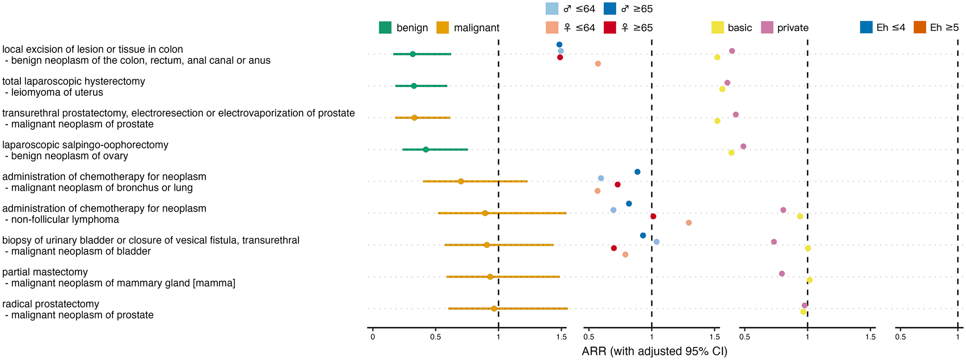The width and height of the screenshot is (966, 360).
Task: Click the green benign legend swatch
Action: pos(385,28)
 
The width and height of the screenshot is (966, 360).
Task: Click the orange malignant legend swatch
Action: pos(443,28)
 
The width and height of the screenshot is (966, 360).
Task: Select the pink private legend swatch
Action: pos(767,28)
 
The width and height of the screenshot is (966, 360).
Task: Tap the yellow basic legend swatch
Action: pos(718,28)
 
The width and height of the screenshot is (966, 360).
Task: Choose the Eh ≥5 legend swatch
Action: pos(919,27)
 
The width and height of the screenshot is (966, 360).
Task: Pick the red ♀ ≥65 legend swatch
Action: pos(610,28)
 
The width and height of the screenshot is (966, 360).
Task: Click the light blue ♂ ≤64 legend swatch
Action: pos(552,9)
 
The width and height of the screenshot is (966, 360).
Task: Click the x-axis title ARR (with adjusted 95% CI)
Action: pos(654,352)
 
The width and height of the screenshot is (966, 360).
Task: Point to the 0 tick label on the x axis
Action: pos(373,337)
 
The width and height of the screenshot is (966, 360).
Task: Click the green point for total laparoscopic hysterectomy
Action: pos(414,86)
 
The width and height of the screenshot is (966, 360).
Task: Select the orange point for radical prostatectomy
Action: pos(494,309)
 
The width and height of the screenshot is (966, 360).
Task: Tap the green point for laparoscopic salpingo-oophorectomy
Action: pos(426,150)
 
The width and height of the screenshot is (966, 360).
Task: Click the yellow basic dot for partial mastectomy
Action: pos(809,280)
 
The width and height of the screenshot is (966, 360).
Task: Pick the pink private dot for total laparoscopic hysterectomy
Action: pos(727,83)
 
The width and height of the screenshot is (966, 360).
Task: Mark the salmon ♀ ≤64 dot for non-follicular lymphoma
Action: pos(689,223)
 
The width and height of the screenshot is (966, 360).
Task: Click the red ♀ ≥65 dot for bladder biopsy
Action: pos(614,248)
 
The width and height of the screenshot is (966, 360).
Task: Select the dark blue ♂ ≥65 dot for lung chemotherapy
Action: pos(638,172)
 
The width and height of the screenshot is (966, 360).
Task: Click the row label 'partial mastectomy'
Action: pos(45,272)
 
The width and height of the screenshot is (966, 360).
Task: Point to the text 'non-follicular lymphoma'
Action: pos(65,220)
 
